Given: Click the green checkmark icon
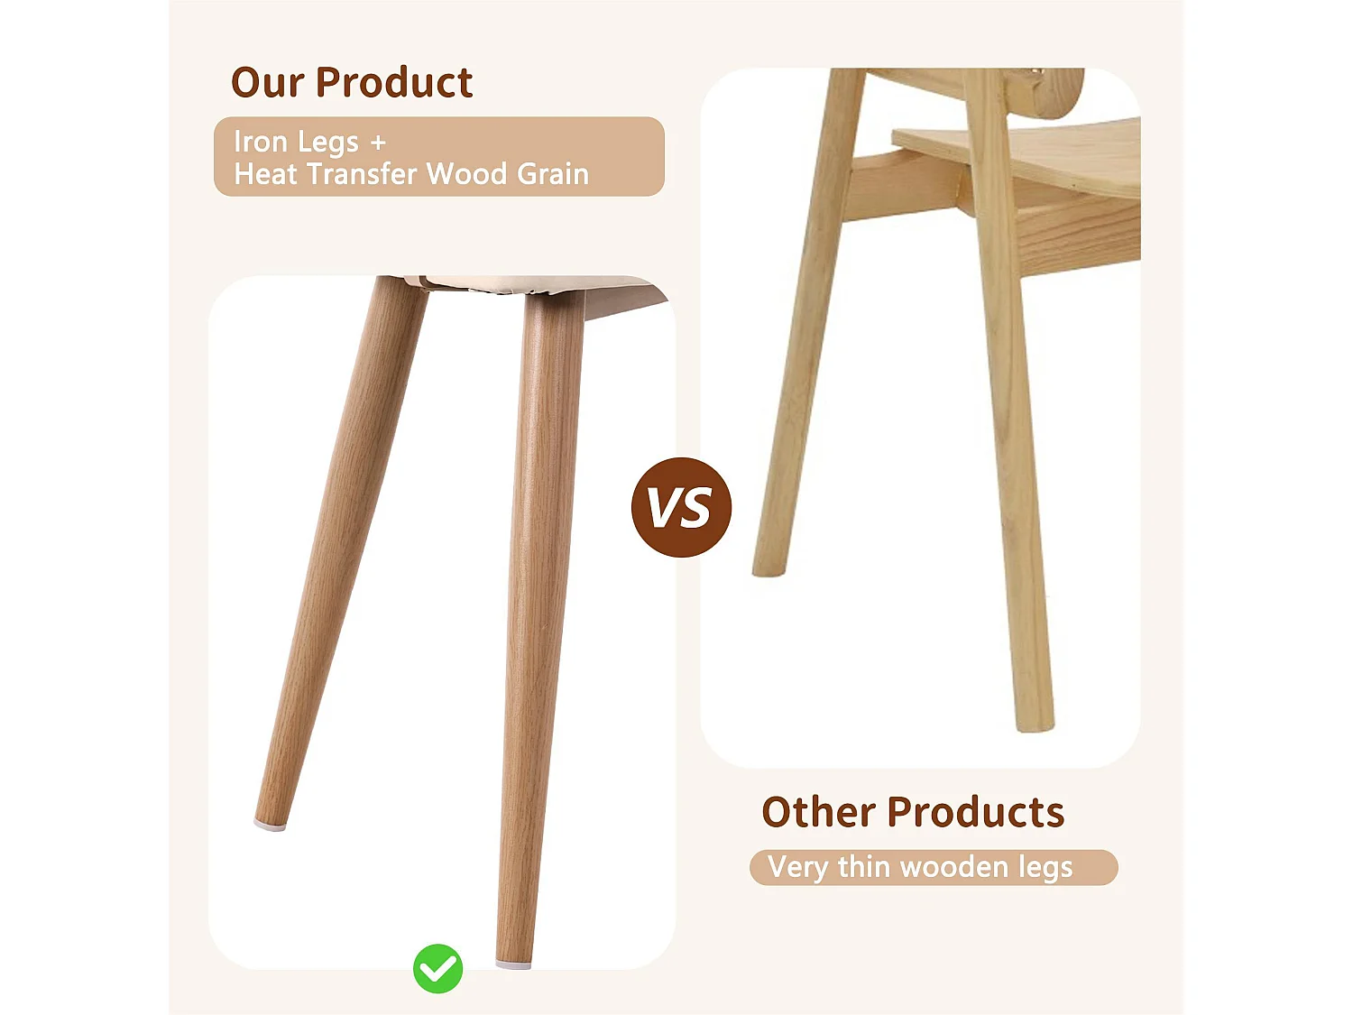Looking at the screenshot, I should (x=438, y=969).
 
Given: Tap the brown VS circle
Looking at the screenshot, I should (x=681, y=507).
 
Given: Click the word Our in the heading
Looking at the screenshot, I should (x=267, y=83).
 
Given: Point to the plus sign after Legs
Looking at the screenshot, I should (x=378, y=143).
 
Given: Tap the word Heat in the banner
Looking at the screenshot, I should (x=265, y=174).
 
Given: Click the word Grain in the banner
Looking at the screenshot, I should (x=552, y=174).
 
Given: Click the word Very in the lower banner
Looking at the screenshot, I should (x=797, y=868).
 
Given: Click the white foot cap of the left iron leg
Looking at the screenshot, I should (x=271, y=825).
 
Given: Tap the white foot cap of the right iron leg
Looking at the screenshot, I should (x=513, y=964).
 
